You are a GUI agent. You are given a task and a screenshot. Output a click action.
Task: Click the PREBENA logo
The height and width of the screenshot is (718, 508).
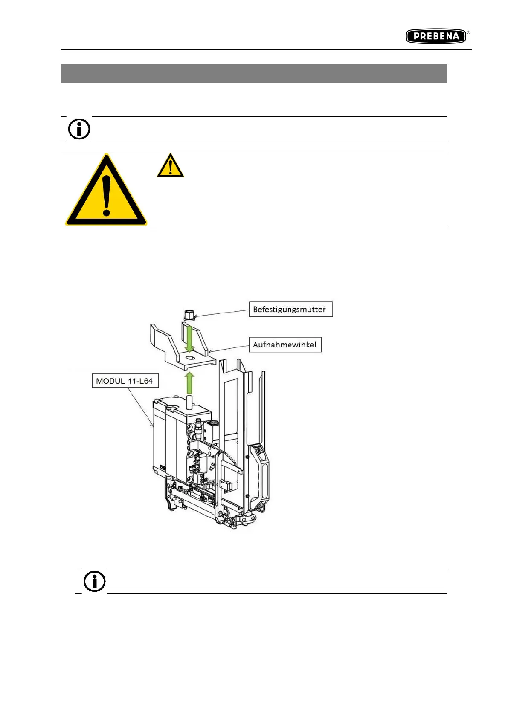[x=435, y=36]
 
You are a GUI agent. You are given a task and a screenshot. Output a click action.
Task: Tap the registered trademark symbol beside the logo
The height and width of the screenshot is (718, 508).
[x=468, y=32]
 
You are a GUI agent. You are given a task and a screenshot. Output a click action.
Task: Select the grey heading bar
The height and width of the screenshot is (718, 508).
[x=254, y=73]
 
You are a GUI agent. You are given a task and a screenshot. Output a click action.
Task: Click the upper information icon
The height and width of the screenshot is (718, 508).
[x=79, y=129]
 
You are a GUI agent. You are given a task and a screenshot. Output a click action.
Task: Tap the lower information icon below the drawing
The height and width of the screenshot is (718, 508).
[x=95, y=581]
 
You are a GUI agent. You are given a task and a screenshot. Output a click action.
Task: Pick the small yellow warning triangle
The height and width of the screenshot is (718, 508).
[x=170, y=166]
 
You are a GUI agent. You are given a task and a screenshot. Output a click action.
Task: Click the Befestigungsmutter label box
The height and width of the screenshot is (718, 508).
[x=290, y=309]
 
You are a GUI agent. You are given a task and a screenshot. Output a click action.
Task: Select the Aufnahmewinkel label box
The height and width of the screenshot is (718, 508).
[x=284, y=345]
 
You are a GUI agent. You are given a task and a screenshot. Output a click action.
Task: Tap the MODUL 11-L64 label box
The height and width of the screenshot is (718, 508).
[x=125, y=381]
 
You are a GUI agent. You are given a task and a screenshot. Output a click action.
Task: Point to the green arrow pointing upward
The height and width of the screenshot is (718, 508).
[x=189, y=382]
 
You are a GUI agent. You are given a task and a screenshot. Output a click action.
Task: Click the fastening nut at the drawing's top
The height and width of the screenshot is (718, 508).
[x=189, y=316]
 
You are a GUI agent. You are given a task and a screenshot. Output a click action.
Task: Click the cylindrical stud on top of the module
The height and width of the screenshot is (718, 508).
[x=190, y=402]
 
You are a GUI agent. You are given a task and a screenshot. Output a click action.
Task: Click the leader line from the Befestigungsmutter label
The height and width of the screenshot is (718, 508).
[x=222, y=313]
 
